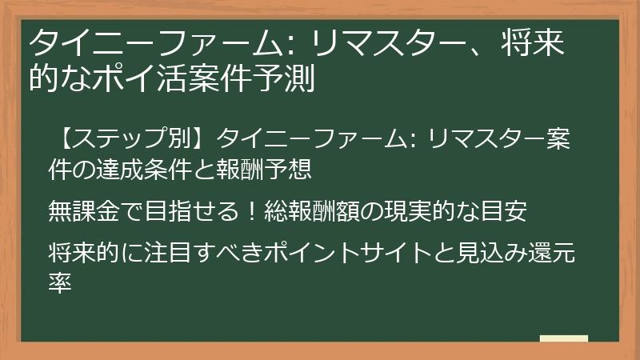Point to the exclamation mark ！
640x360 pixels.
click(250, 211)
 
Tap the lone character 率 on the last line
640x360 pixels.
click(61, 284)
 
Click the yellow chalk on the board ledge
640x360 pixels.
click(564, 339)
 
